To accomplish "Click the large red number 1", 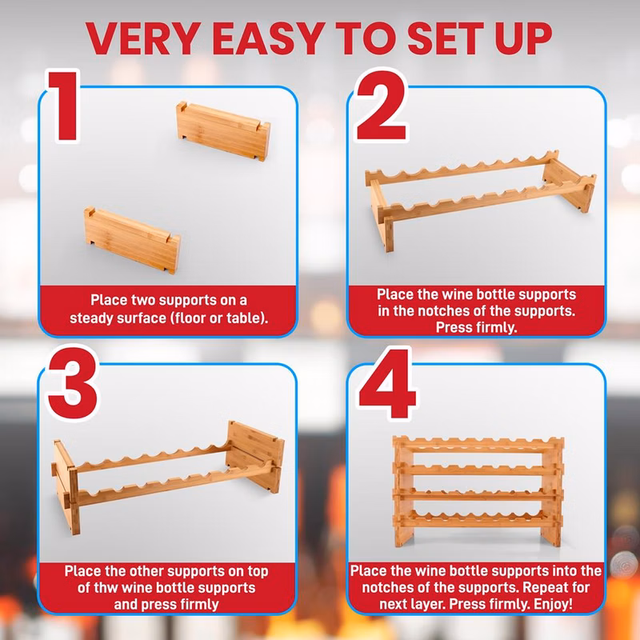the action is pyautogui.click(x=66, y=106).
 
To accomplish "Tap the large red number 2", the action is pyautogui.click(x=382, y=106).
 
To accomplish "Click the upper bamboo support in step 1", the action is pyautogui.click(x=223, y=131).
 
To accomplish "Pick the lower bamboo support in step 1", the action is pyautogui.click(x=132, y=240).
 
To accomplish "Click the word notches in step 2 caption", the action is pyautogui.click(x=436, y=311).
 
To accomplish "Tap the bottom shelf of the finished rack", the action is pyautogui.click(x=478, y=518).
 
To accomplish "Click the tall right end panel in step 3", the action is pyautogui.click(x=255, y=456).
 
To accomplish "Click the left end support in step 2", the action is pyautogui.click(x=382, y=215).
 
